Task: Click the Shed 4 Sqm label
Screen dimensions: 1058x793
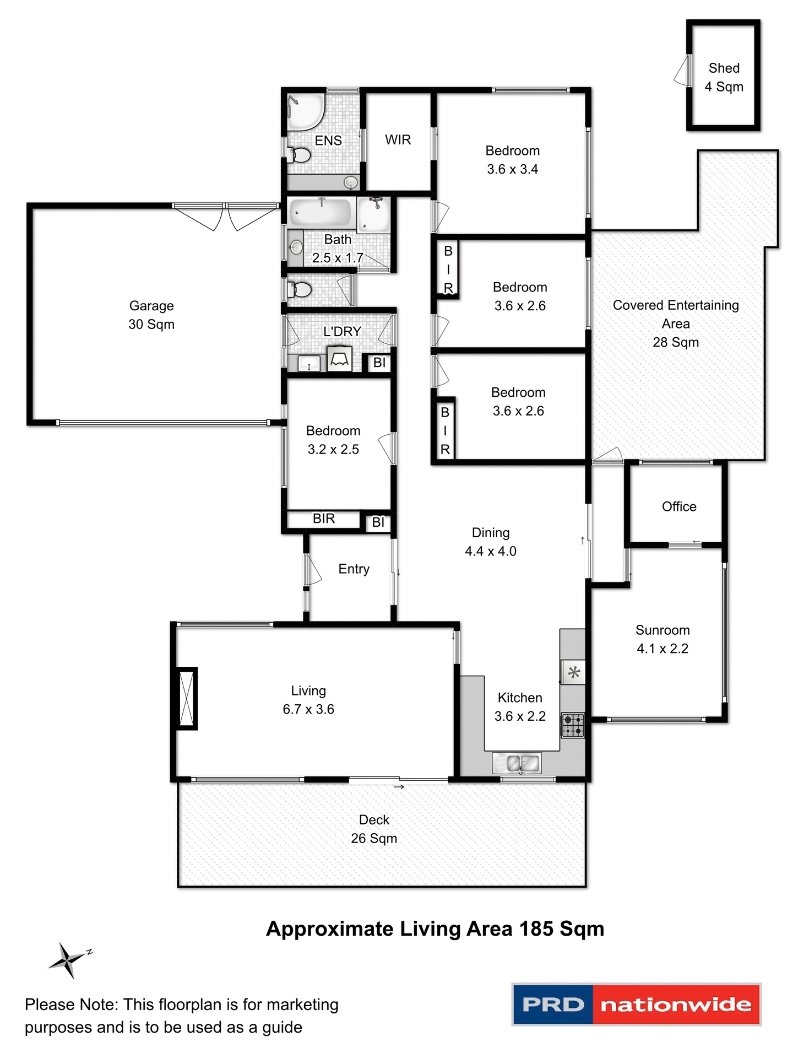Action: pos(724,77)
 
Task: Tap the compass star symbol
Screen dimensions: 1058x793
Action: pos(68,960)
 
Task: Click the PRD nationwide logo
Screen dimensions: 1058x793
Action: pos(636,1004)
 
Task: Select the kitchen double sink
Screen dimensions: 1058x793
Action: pos(517,763)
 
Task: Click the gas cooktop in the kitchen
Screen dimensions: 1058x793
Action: pos(572,725)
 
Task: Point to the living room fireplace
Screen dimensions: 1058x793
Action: pos(187,698)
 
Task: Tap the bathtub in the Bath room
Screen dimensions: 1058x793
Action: pos(321,213)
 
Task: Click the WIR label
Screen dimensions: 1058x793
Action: pos(398,140)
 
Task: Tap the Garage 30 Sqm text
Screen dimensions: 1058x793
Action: pos(151,315)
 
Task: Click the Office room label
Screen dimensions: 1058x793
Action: pos(678,506)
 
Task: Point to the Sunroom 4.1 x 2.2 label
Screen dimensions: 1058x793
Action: pos(662,639)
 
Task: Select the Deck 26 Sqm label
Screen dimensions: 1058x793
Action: pos(374,829)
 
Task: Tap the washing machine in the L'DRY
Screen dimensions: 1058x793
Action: pos(339,359)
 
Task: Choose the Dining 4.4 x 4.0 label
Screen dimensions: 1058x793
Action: pos(490,542)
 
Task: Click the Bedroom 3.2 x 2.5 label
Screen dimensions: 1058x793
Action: pos(333,440)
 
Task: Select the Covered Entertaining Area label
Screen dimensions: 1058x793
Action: pos(675,323)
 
